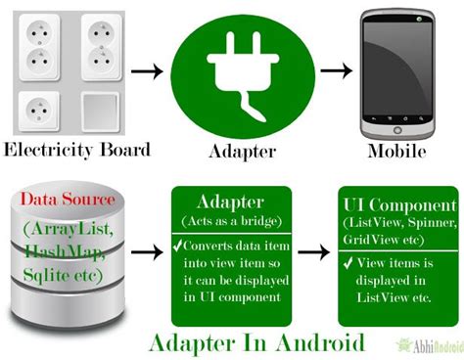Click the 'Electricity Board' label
77,150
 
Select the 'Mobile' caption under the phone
396,153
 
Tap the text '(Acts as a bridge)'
232,224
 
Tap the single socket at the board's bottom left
37,110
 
